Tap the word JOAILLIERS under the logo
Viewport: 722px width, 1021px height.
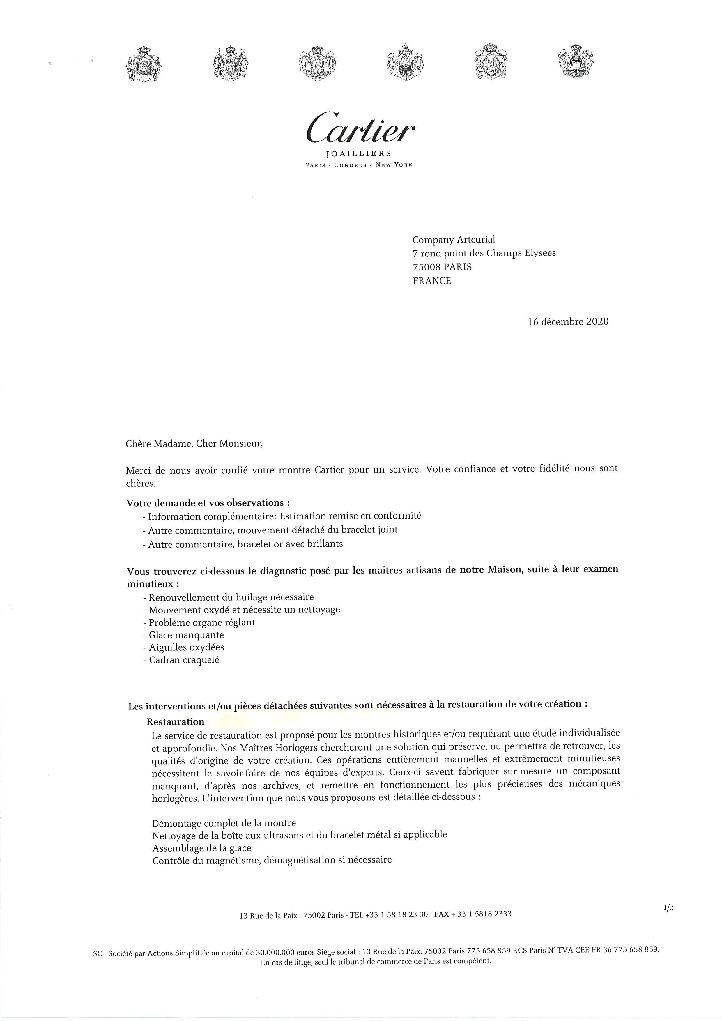pos(358,154)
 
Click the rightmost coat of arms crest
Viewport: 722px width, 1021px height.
pos(576,62)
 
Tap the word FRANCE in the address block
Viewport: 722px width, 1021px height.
pos(432,281)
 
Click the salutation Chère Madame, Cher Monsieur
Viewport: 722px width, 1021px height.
pos(194,443)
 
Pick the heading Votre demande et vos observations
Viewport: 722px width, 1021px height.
pos(208,503)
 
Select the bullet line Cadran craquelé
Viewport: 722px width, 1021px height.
pos(184,660)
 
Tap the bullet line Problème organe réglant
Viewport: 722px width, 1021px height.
pos(201,622)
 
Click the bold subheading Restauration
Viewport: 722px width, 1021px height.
pos(175,722)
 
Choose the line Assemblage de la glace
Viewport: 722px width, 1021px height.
pos(201,848)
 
